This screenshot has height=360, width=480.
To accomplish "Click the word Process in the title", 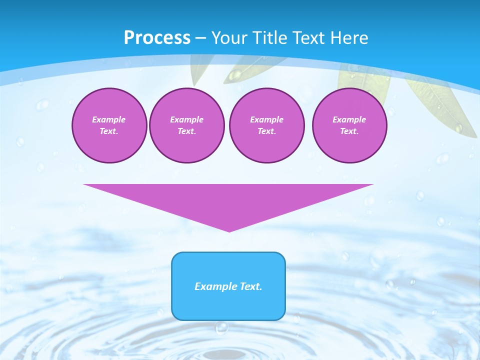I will click(157, 38).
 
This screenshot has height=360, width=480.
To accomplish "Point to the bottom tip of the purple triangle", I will click(229, 230).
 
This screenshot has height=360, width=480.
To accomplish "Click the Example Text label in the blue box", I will click(228, 286).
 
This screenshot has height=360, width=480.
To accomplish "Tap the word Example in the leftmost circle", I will click(109, 119).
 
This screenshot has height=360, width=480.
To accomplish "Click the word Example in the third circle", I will click(266, 119).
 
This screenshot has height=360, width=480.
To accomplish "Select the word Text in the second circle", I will click(186, 131).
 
